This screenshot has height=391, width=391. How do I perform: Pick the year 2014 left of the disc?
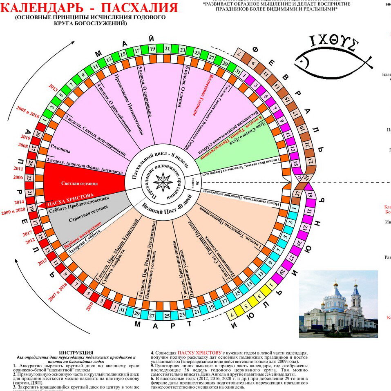(x=19, y=202)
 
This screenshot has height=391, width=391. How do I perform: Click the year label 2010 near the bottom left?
(x=89, y=305)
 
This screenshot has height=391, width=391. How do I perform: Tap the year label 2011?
(x=18, y=168)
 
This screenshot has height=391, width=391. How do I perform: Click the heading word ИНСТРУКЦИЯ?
(x=76, y=352)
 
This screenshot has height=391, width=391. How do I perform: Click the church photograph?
(x=338, y=304)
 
